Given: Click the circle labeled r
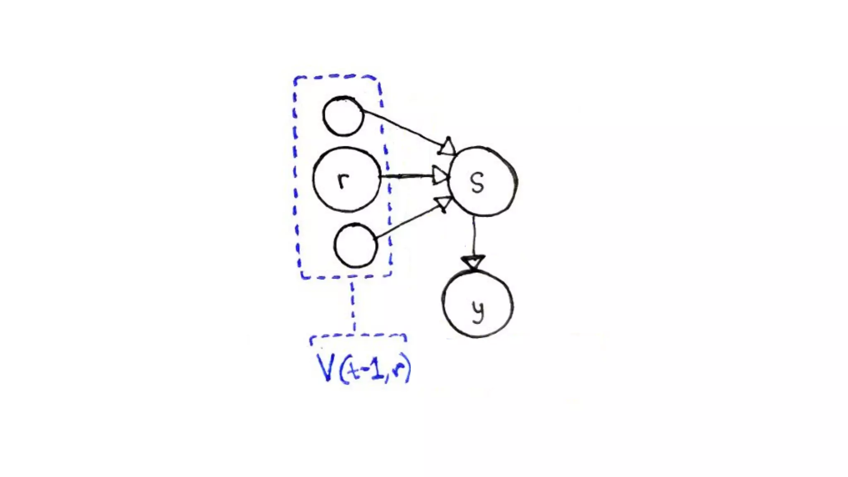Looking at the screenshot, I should coord(346,179).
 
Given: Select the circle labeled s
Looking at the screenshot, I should coord(482,182).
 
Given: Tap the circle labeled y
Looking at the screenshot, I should coord(477,305).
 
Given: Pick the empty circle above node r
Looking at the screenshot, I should coord(343,116).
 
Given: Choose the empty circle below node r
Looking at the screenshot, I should coord(356,246).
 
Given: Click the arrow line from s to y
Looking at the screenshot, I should coord(474,236).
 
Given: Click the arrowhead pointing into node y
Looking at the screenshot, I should coord(473,263).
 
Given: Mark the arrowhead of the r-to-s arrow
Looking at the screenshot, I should coord(441,176).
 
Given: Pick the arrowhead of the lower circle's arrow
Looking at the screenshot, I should coord(443,203).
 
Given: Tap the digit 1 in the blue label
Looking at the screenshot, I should coord(376,369).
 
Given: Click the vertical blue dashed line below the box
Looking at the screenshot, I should coord(353,306).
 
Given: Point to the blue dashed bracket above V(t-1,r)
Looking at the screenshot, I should coord(358,337).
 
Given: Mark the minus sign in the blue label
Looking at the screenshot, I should coord(364,370).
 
